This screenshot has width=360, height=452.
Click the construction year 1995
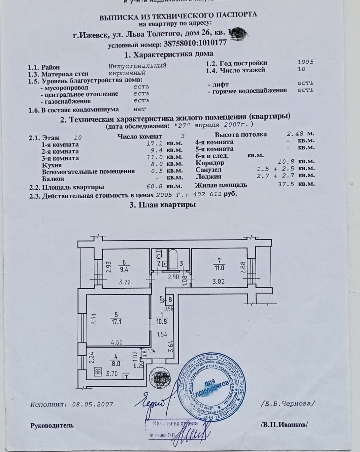point(305,62)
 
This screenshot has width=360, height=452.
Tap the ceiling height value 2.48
point(295,134)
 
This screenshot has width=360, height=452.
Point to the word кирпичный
point(127,73)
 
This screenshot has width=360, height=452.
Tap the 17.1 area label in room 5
point(116,321)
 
